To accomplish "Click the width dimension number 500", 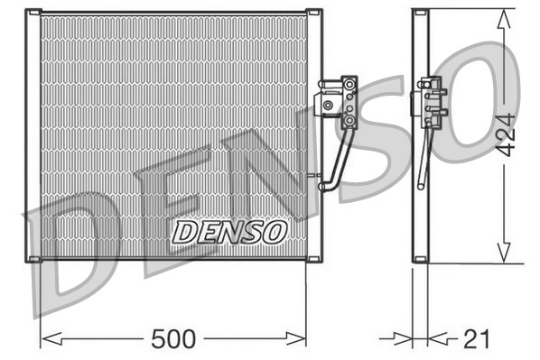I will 173,339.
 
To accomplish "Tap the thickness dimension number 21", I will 476,339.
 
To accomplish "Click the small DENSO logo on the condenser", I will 229,232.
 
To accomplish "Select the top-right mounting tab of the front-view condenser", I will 313,14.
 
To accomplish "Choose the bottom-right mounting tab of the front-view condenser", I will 313,260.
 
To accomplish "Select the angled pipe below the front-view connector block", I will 338,158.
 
